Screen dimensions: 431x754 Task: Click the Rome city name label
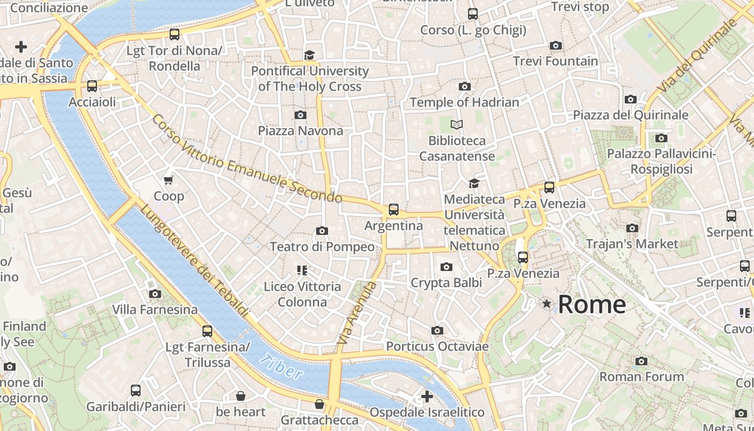coord(591,304)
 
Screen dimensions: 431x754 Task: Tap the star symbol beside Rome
coord(547,304)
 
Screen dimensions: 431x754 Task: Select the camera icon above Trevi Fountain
coord(555,46)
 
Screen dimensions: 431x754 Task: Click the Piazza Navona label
coord(300,131)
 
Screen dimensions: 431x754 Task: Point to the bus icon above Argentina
coord(394,210)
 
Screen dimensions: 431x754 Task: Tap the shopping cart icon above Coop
coord(169,180)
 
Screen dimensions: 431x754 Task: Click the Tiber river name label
coord(280,366)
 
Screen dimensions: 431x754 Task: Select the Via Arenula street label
coord(356,312)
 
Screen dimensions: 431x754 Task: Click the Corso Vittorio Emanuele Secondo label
coord(246,159)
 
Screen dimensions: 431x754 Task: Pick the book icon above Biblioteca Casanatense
coord(457,125)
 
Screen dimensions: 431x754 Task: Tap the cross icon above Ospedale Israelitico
coord(427,397)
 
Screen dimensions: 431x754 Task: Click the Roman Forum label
coord(641,377)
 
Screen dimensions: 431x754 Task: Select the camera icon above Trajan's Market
coord(632,228)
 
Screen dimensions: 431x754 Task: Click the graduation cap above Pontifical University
coord(309,55)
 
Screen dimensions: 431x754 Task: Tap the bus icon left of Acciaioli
coord(92,86)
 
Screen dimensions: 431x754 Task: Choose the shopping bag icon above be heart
coord(240,397)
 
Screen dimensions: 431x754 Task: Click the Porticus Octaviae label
coord(437,346)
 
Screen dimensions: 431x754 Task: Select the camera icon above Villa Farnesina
coord(155,294)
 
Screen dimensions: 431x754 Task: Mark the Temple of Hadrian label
coord(464,102)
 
